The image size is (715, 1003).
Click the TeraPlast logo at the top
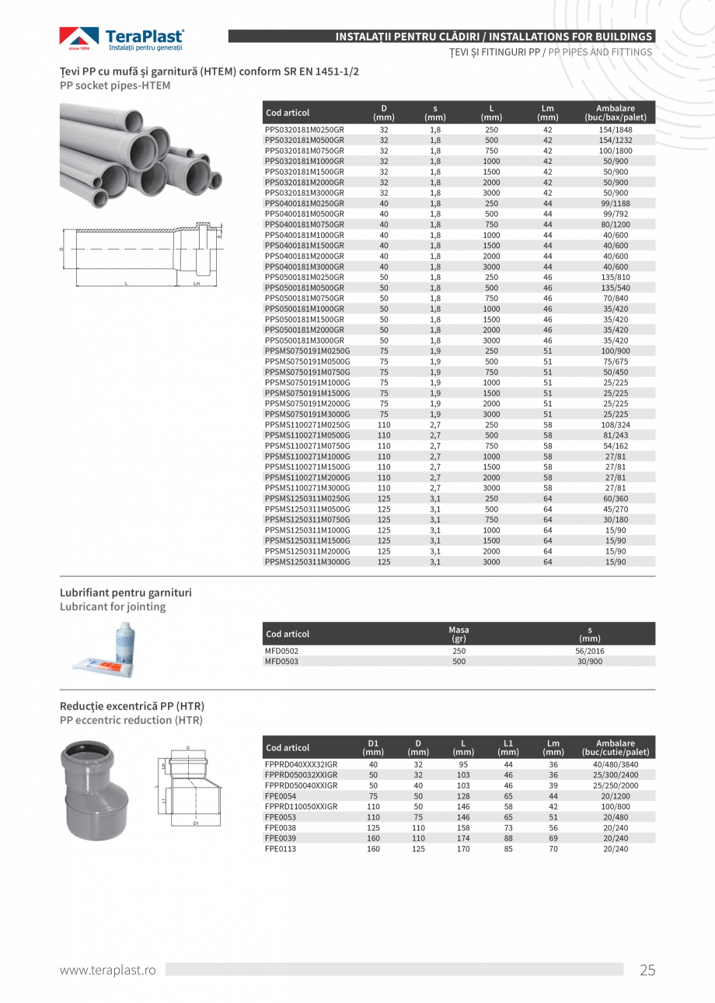pyautogui.click(x=122, y=39)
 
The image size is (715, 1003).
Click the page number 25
pyautogui.click(x=647, y=970)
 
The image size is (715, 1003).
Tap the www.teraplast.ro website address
pyautogui.click(x=108, y=970)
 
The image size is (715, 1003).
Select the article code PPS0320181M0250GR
pyautogui.click(x=305, y=130)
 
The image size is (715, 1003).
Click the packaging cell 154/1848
pyautogui.click(x=616, y=130)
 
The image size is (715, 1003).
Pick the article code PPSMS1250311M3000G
pyautogui.click(x=308, y=561)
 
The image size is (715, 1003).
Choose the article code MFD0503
pyautogui.click(x=282, y=662)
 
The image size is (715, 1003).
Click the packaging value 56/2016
pyautogui.click(x=590, y=652)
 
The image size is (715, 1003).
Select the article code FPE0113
pyautogui.click(x=281, y=849)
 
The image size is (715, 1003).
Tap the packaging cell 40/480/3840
pyautogui.click(x=615, y=764)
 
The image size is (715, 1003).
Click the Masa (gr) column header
pyautogui.click(x=459, y=634)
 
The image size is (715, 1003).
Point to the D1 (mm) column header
pyautogui.click(x=373, y=747)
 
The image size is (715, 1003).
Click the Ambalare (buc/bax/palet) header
pyautogui.click(x=615, y=113)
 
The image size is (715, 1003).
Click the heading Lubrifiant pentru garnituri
pyautogui.click(x=126, y=592)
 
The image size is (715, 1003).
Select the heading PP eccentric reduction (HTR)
pyautogui.click(x=131, y=720)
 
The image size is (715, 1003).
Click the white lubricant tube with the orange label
pyautogui.click(x=104, y=663)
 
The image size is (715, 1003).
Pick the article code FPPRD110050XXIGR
pyautogui.click(x=302, y=807)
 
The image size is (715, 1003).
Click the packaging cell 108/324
pyautogui.click(x=616, y=425)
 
